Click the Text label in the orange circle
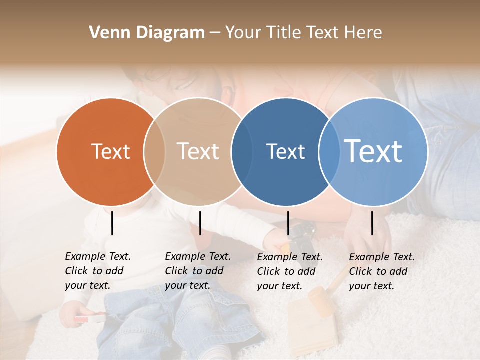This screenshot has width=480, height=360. click(x=110, y=152)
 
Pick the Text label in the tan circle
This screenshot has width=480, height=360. click(x=198, y=152)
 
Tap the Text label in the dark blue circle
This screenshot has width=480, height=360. click(x=285, y=152)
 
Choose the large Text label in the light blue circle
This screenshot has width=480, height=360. click(x=373, y=151)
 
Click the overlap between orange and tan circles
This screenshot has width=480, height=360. click(x=154, y=152)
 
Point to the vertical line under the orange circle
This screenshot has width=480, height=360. click(x=112, y=223)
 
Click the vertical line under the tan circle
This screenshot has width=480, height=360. click(x=200, y=223)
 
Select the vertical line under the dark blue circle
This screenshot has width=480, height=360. click(x=288, y=223)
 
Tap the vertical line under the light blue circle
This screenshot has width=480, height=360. click(x=372, y=223)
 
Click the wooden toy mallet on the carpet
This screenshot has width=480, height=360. click(x=320, y=300)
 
